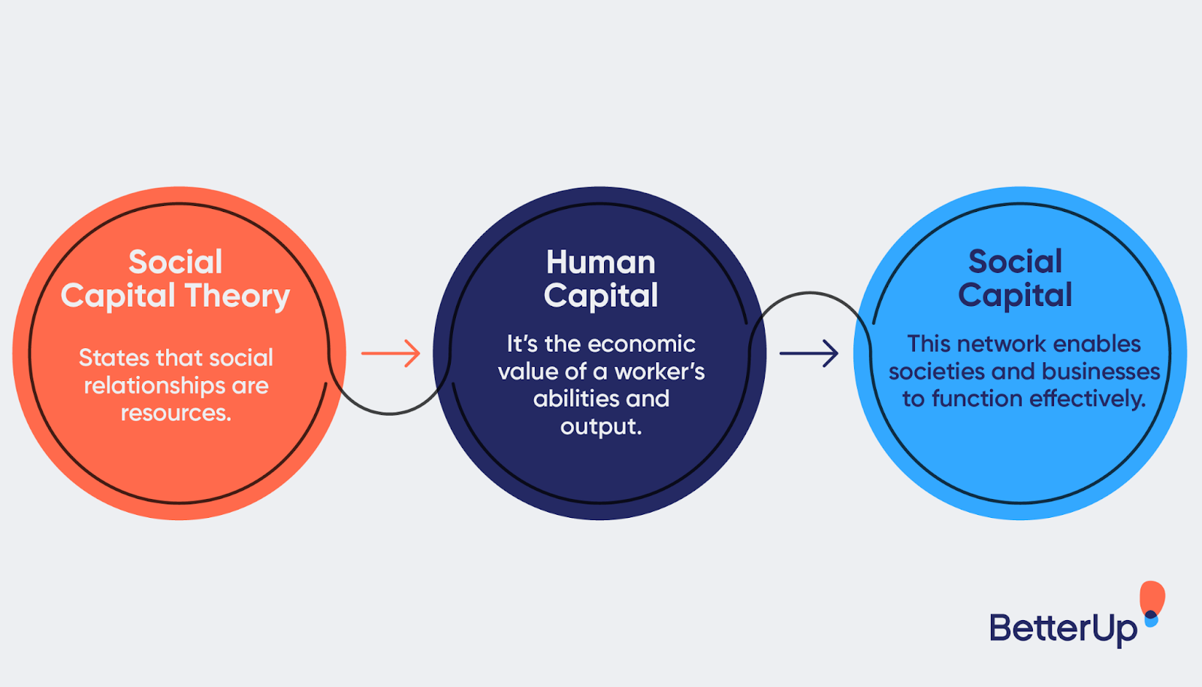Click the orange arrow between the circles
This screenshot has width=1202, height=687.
(x=391, y=353)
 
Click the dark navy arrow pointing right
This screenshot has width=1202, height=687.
(x=809, y=353)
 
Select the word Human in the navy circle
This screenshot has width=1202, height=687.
(x=600, y=262)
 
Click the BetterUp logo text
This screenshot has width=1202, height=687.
(x=1063, y=628)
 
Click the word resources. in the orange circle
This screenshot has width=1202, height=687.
(x=176, y=413)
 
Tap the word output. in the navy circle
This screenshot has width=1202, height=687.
(x=600, y=426)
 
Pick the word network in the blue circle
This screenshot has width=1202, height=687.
(x=1001, y=344)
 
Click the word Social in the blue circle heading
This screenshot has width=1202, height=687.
(x=1015, y=262)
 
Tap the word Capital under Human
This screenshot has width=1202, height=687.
(x=600, y=295)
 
